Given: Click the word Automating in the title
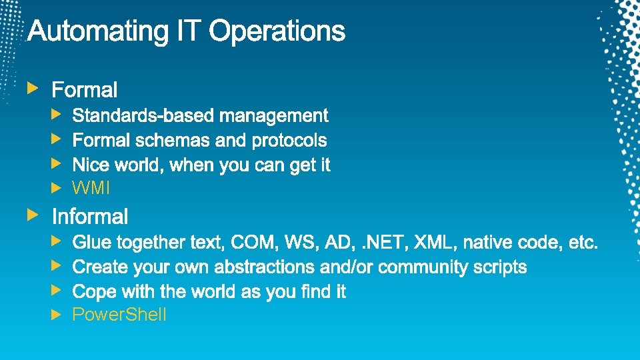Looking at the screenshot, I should tap(95, 32).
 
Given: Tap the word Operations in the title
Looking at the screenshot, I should tap(278, 32).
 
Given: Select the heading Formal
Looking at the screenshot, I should tap(85, 90).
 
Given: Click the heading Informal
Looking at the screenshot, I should tap(90, 217).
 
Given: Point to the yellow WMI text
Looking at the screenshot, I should tap(91, 189).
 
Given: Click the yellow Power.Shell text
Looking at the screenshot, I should tap(119, 315).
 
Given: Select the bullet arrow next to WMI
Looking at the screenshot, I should tap(57, 188).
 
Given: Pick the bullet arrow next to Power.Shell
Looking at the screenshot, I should tap(57, 314).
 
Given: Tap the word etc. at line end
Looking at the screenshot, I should tap(583, 242).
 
